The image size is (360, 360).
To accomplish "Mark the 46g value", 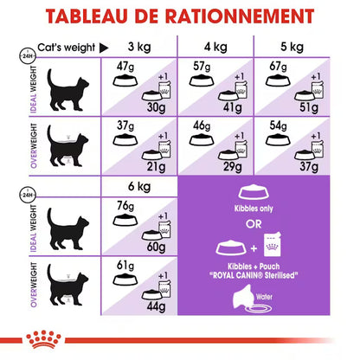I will coord(200,125).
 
